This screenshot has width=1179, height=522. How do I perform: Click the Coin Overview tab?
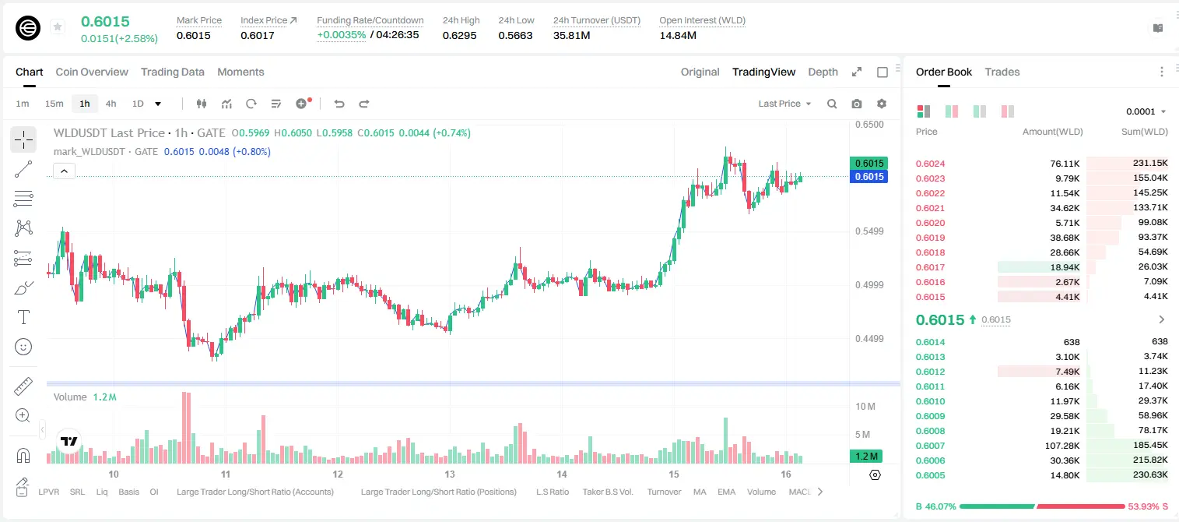tap(92, 72)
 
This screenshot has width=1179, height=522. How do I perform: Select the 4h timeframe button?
tap(111, 104)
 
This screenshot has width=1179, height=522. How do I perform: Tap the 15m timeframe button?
tap(54, 104)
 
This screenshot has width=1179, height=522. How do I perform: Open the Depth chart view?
tap(823, 72)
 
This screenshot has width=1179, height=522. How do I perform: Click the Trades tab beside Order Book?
tap(1002, 72)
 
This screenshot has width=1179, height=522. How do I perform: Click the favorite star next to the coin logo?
tap(58, 26)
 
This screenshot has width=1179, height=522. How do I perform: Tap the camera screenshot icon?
tap(857, 104)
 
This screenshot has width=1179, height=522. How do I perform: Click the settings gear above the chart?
tap(882, 104)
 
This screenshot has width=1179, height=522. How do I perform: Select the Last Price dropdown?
tap(784, 104)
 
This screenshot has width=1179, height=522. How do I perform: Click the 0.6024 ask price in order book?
tap(930, 164)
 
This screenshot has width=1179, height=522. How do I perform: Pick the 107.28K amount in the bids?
tap(1061, 446)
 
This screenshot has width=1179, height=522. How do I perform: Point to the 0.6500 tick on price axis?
tap(869, 125)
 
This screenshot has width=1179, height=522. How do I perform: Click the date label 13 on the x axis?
tap(450, 474)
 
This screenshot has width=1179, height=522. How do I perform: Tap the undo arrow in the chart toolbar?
tap(339, 104)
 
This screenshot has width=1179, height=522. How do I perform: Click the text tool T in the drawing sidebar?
tap(23, 317)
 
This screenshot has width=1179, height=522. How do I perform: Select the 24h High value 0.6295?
tap(459, 35)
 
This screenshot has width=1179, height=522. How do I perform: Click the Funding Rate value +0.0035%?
tap(341, 35)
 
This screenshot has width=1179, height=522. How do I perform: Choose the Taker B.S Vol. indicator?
tap(607, 492)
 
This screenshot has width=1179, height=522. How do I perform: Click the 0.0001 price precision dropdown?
tap(1146, 111)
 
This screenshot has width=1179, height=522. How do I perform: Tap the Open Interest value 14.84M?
tap(678, 35)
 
